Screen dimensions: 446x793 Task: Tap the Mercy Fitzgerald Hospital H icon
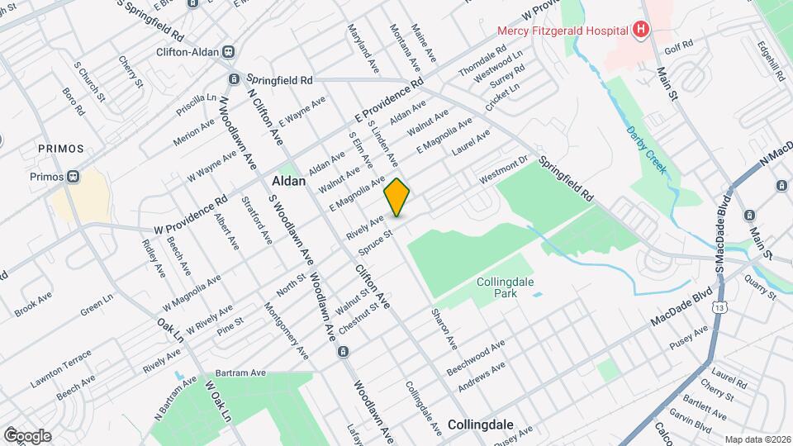pos(640,31)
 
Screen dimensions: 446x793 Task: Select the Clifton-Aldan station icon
pos(228,51)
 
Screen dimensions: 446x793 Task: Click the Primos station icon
pos(74,175)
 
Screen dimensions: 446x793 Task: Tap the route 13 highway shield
pos(722,308)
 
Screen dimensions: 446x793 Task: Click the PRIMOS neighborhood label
pos(61,149)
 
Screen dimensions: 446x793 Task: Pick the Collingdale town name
pos(481,425)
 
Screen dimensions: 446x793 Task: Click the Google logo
pos(27,435)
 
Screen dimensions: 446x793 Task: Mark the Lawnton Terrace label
pos(62,369)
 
